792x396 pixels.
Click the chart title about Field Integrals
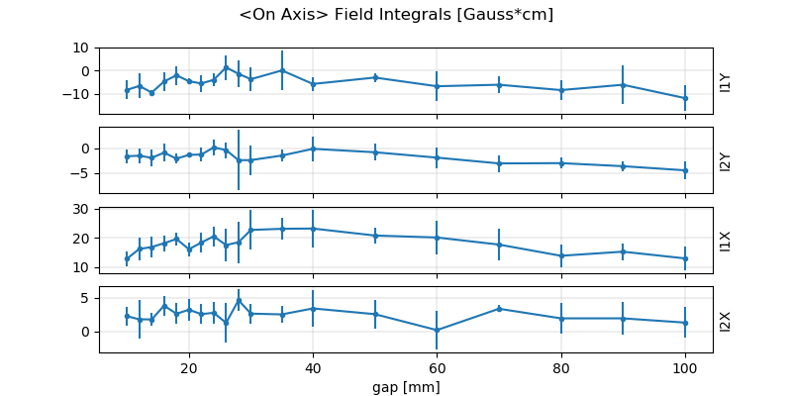coord(396,15)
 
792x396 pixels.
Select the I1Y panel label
coord(726,81)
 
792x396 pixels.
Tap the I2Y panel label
coord(726,160)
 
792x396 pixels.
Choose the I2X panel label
coord(726,320)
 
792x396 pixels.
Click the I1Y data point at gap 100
coord(685,98)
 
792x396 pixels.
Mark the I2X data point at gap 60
coord(437,330)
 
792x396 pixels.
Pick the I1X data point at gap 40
coord(313,229)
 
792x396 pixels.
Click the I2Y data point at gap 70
coord(499,163)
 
